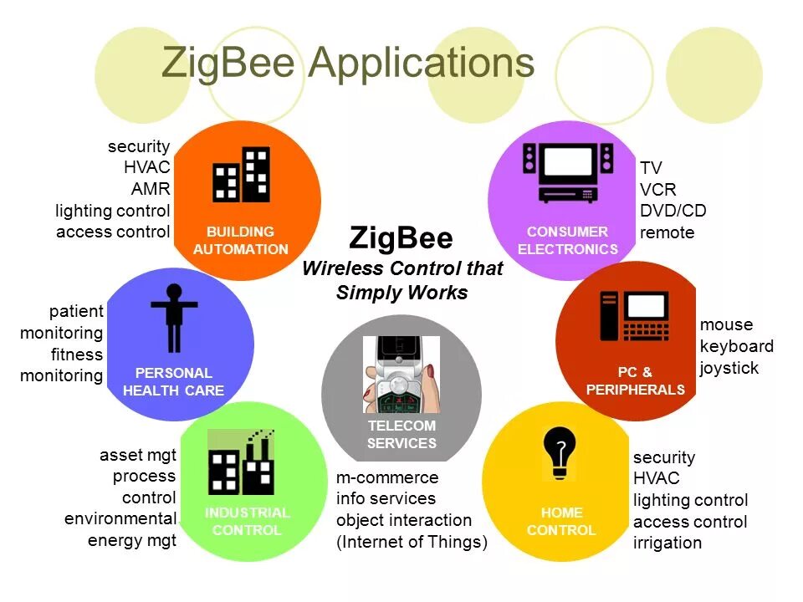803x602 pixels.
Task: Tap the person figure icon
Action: click(x=174, y=318)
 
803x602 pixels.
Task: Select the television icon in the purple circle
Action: click(x=568, y=172)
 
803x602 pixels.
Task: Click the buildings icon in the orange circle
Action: click(x=241, y=176)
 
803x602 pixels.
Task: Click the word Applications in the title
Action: click(x=421, y=64)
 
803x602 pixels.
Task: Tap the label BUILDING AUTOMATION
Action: click(x=241, y=240)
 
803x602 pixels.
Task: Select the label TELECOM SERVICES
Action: click(x=401, y=435)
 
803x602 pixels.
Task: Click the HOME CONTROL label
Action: click(x=561, y=521)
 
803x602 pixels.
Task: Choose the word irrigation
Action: click(x=667, y=543)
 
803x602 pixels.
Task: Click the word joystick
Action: click(x=729, y=368)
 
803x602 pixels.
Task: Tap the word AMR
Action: click(x=151, y=188)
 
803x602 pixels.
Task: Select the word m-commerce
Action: click(x=387, y=477)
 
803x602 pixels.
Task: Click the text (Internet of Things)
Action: click(x=412, y=542)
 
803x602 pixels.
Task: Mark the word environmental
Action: click(x=120, y=518)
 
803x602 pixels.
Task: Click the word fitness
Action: click(x=77, y=355)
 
